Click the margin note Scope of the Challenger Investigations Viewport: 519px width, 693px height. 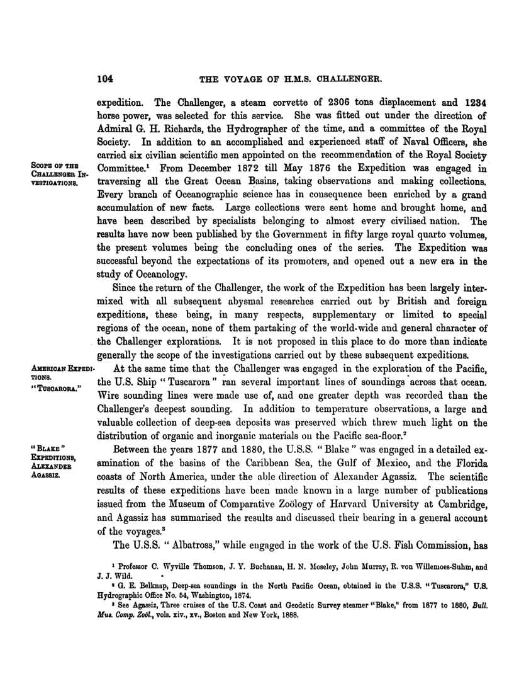tap(57, 174)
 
